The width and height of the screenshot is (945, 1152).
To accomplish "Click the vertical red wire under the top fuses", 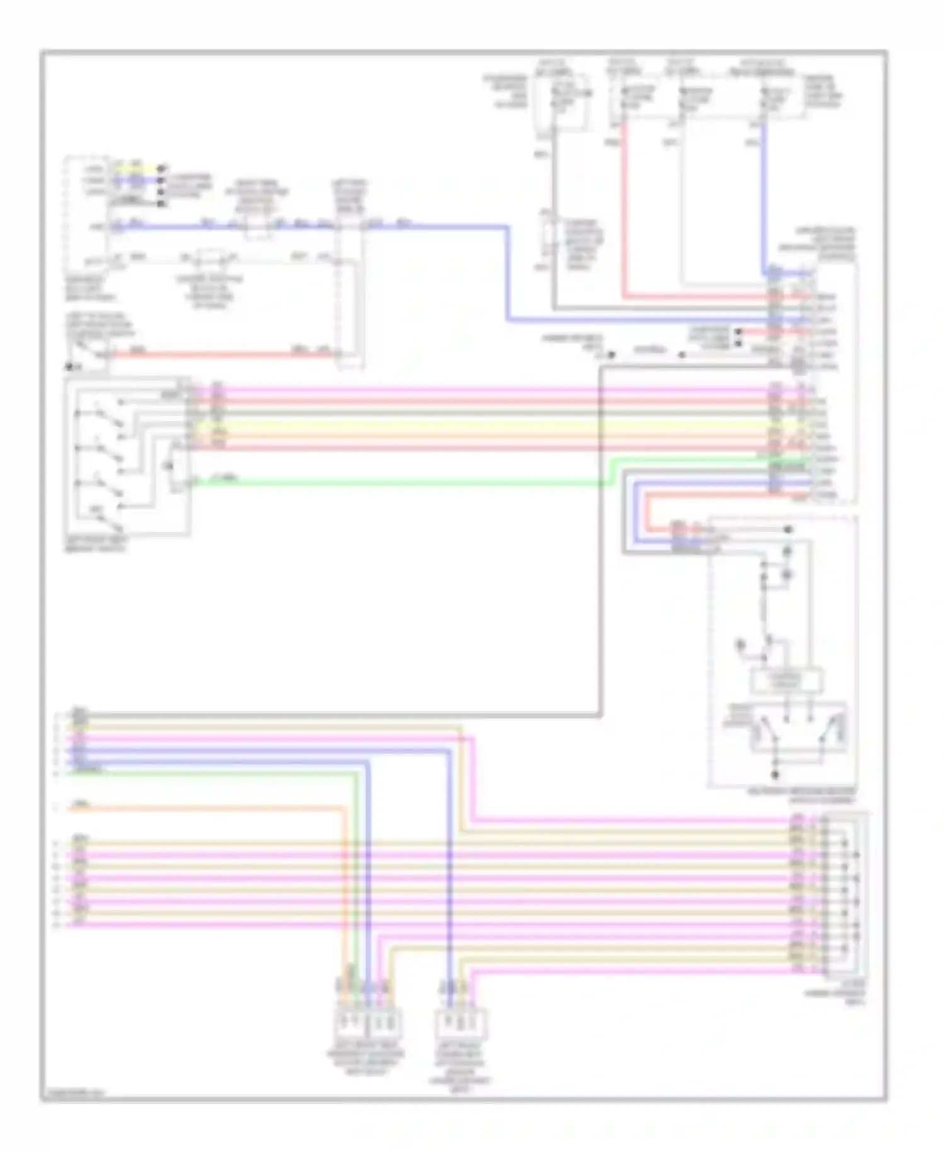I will tap(624, 208).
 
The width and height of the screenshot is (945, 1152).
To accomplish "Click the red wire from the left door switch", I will tap(220, 354).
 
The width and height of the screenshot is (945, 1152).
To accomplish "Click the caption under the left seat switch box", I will tap(96, 544).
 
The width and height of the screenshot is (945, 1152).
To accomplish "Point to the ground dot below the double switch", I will tap(776, 775).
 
